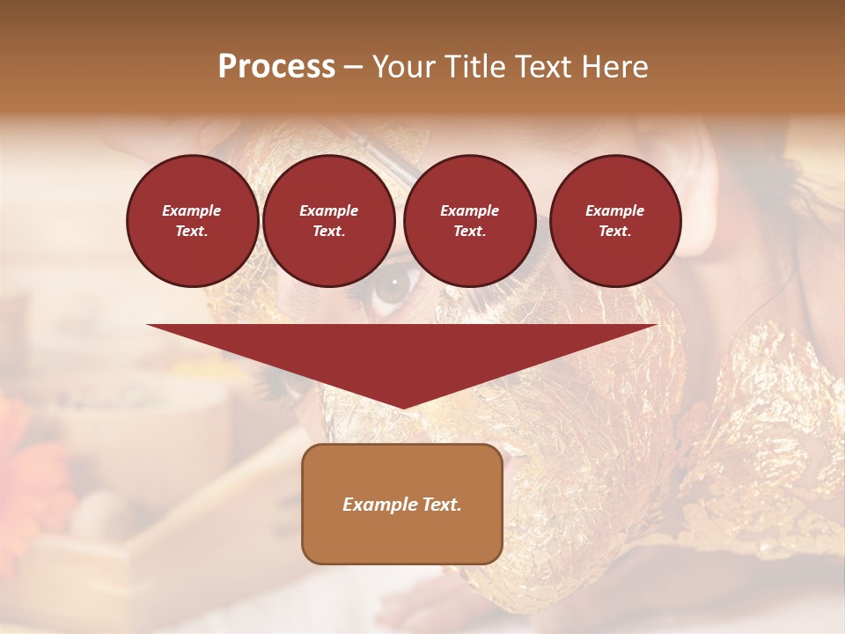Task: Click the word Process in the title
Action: click(x=276, y=67)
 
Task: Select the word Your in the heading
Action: click(x=403, y=67)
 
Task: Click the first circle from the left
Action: click(x=193, y=221)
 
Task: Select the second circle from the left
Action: click(x=329, y=221)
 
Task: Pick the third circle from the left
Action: click(x=470, y=221)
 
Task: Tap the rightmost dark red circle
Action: click(x=615, y=221)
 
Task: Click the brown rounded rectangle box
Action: click(x=402, y=504)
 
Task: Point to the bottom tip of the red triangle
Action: click(x=402, y=407)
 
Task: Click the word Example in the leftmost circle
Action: click(x=192, y=210)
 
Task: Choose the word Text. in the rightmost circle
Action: click(x=615, y=232)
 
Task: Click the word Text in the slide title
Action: click(x=537, y=67)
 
